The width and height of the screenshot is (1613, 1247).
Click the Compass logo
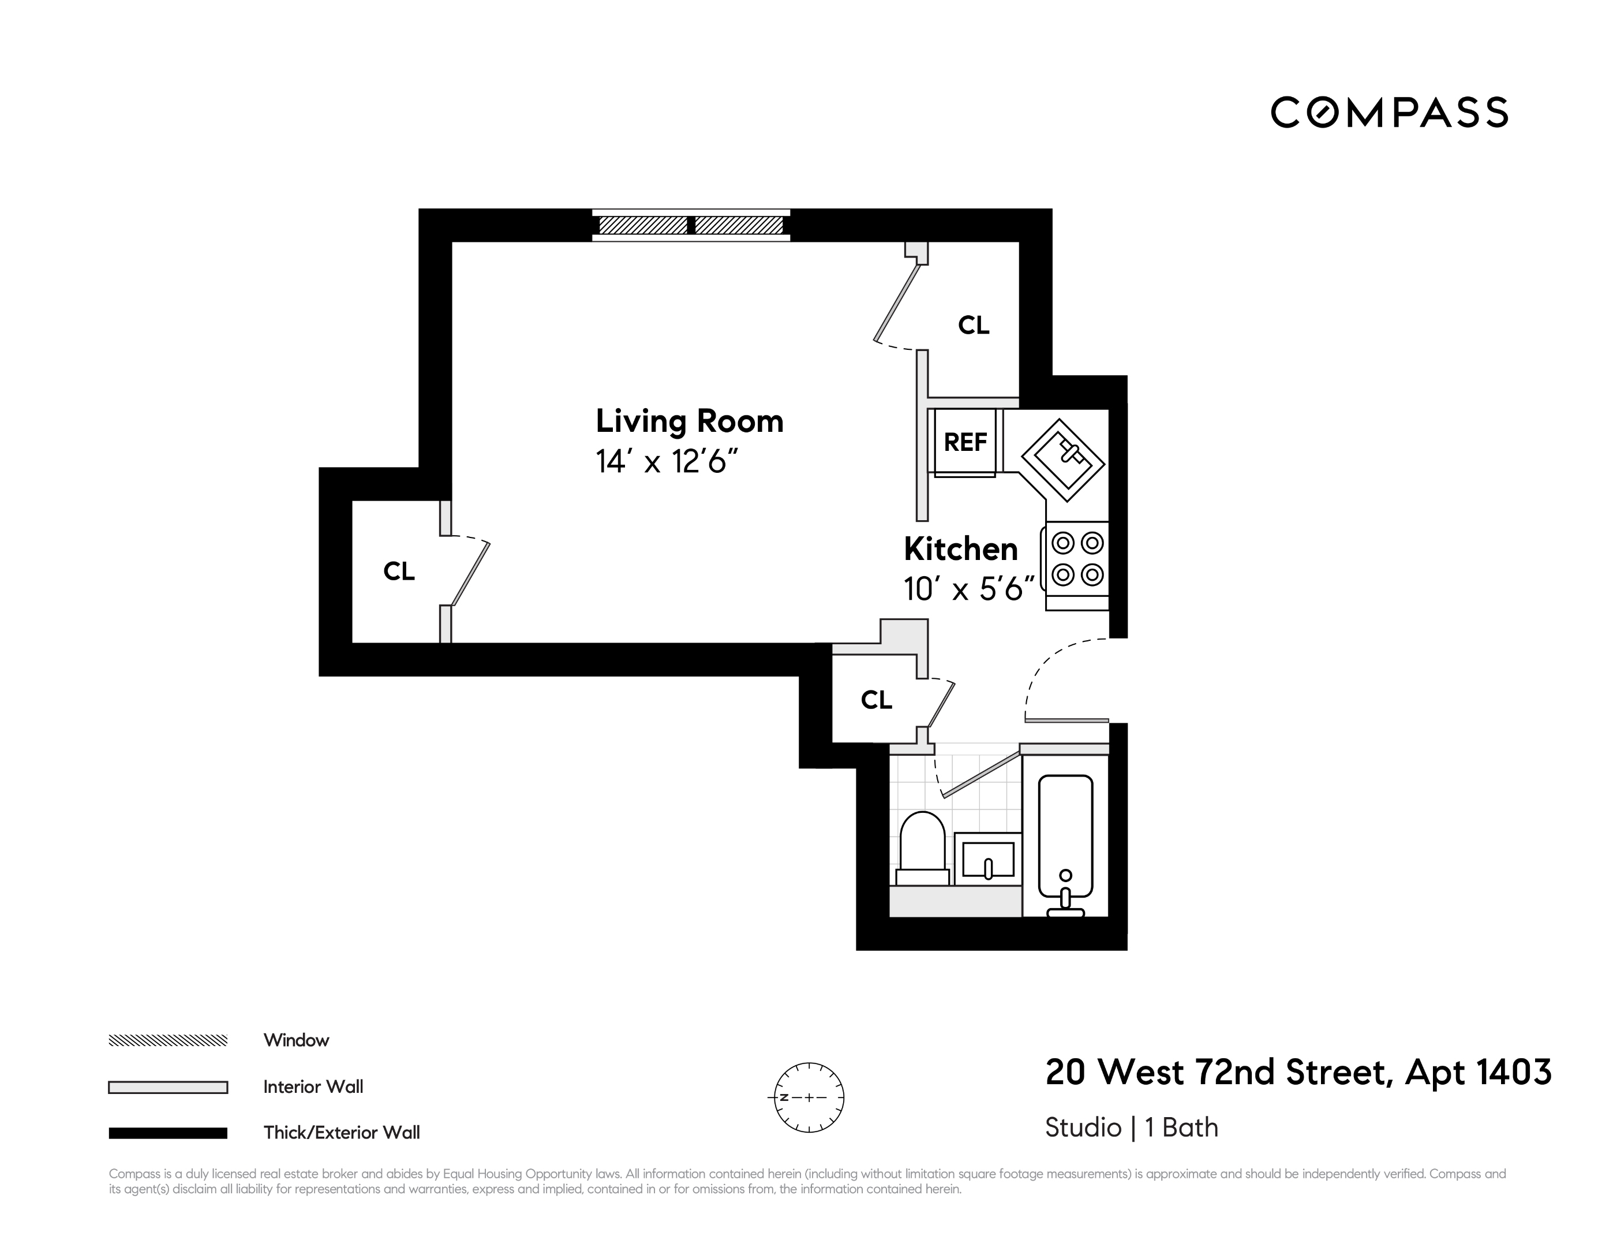coord(1389,113)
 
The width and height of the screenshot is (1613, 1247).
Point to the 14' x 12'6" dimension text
coord(667,462)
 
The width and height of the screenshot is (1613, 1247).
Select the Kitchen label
coord(960,550)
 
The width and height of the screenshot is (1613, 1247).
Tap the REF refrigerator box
coord(965,442)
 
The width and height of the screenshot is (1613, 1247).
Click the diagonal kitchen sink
coord(1063,460)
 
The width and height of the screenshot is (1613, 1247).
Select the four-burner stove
coord(1077,560)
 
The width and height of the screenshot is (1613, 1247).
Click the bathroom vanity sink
coord(988,860)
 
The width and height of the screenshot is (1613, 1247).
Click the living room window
coord(691,225)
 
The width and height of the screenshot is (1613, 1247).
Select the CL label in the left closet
coord(399,571)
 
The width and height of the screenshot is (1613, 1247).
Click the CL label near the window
coord(974,325)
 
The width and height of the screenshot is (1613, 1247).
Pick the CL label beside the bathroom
coord(876,700)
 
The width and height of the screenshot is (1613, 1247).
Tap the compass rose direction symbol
coord(809,1097)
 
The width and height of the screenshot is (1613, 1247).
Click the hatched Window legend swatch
coord(168,1041)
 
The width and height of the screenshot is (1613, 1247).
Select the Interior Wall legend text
coord(313,1087)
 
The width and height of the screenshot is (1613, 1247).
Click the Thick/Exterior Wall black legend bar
coord(168,1133)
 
